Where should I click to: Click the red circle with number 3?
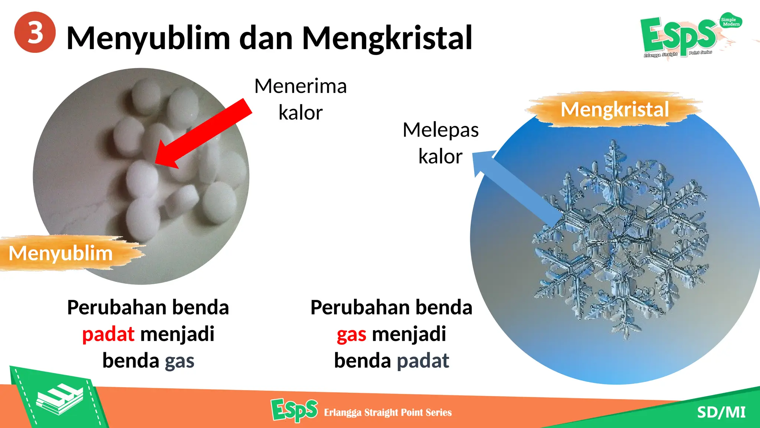point(35,32)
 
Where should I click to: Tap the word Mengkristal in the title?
point(387,38)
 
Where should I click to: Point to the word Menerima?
point(301,86)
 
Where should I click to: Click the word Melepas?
point(440,130)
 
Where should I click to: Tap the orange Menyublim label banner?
point(61,253)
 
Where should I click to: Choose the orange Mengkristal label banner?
point(614,109)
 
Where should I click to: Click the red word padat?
point(108,334)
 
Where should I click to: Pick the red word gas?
point(351,334)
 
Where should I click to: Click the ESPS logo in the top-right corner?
point(678,36)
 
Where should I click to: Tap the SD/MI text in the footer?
point(721,412)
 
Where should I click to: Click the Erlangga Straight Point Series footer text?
point(388,412)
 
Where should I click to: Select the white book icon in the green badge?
point(59,399)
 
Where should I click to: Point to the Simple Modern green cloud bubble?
point(730,22)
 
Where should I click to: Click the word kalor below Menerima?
point(301,113)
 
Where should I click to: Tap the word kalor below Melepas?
point(440,156)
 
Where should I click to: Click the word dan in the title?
point(266,38)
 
